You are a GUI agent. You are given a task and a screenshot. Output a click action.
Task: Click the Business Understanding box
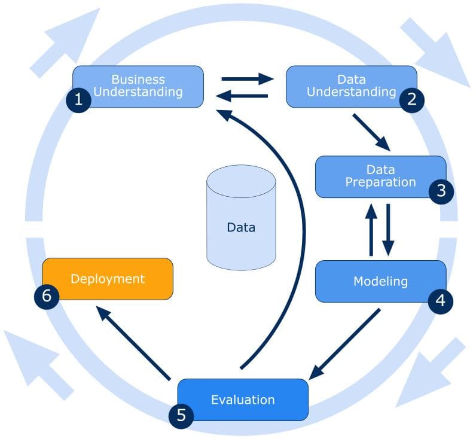click(138, 86)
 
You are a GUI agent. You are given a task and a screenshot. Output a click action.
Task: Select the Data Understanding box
click(352, 86)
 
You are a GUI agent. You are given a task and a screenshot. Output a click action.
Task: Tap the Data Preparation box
click(380, 176)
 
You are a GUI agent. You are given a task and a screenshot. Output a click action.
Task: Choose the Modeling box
click(380, 281)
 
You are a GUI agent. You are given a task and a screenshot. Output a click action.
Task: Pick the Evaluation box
click(243, 400)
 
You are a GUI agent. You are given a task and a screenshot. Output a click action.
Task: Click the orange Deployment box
click(108, 279)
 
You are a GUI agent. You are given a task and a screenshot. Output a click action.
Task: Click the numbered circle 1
click(78, 100)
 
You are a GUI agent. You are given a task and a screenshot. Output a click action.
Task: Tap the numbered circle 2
click(411, 100)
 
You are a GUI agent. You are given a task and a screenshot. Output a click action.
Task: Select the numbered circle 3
click(441, 191)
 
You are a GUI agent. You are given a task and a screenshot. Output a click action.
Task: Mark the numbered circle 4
click(441, 300)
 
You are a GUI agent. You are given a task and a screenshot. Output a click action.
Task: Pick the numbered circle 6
click(46, 296)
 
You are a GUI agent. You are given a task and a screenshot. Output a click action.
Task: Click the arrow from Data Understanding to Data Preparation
click(371, 132)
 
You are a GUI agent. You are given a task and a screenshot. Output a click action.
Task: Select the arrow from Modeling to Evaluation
click(346, 343)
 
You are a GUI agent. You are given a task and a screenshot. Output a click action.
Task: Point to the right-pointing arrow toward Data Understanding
click(246, 78)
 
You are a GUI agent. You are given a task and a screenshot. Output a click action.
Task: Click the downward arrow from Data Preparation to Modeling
click(388, 230)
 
